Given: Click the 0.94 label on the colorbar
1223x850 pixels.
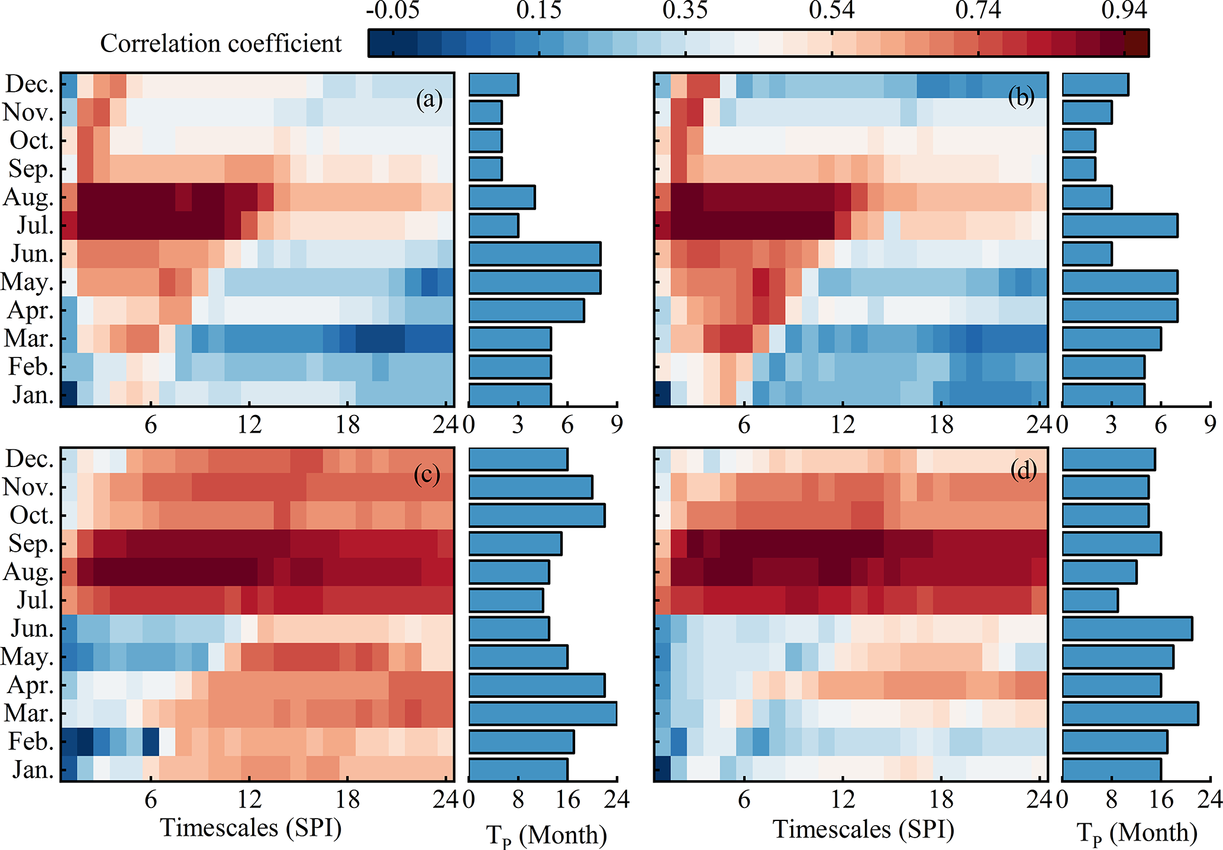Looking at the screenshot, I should [1125, 11].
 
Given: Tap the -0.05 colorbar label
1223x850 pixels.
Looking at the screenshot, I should [392, 11].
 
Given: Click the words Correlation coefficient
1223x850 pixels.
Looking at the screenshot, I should [221, 43].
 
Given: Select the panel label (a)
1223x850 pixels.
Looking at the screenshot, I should [429, 99].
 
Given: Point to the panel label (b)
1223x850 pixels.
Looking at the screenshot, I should [1021, 98].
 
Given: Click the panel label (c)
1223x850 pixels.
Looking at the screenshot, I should [427, 474].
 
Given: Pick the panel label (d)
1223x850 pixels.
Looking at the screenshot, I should [1023, 471].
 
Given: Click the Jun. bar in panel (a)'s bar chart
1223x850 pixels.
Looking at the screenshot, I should [534, 253].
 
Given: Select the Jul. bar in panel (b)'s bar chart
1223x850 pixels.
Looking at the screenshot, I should [1119, 226].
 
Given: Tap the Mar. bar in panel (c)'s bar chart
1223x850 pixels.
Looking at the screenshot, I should [542, 713].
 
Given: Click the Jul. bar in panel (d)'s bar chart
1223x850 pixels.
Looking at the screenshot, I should [1090, 600].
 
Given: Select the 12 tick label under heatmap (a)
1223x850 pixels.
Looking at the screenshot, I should [249, 424].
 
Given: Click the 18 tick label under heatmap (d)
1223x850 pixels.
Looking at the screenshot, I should [941, 800].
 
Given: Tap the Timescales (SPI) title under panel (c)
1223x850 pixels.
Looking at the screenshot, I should [251, 828].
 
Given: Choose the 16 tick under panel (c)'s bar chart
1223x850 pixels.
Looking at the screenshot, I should [567, 800].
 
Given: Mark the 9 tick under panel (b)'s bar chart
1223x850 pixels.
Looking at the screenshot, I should [1211, 424].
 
